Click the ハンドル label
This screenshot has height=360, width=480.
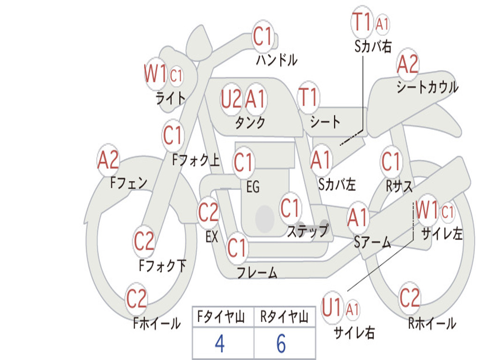tap(277, 60)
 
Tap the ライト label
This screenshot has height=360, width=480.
tap(170, 98)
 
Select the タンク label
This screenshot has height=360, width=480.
tap(250, 122)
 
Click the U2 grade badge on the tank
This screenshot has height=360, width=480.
tap(231, 99)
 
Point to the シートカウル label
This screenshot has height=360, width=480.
tap(427, 87)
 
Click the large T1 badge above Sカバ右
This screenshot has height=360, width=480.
tap(361, 22)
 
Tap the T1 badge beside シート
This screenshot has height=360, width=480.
tap(308, 97)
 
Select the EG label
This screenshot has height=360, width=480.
tap(253, 187)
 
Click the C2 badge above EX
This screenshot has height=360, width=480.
tap(208, 213)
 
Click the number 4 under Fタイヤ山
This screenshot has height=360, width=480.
tap(219, 344)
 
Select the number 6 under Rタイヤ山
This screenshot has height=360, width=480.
tap(281, 344)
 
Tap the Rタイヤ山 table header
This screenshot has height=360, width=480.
tap(284, 318)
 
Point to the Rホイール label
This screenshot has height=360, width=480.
tap(432, 323)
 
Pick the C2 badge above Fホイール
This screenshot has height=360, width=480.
tap(137, 299)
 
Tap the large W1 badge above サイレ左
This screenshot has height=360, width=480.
tap(427, 210)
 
